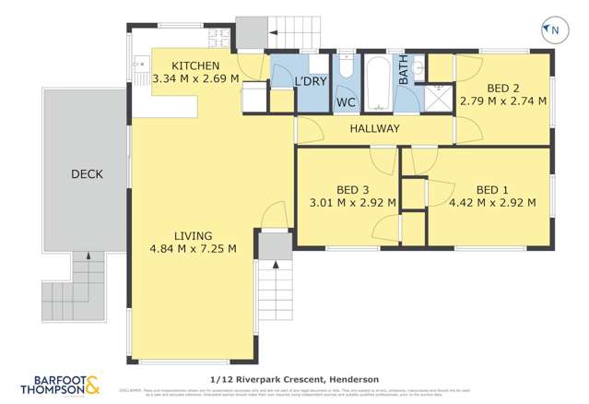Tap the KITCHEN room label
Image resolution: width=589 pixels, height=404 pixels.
(194, 65)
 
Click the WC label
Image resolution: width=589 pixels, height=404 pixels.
(347, 101)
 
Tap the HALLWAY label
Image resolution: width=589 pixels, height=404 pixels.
(374, 128)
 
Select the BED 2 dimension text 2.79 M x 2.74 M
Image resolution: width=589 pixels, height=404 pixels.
(503, 101)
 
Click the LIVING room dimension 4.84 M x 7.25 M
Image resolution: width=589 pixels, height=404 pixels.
(193, 248)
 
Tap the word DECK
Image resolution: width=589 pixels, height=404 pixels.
(87, 173)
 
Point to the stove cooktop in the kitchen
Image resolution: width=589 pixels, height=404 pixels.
(218, 38)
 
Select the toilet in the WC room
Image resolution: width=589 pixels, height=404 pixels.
(346, 68)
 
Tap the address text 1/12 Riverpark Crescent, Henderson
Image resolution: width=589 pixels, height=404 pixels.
(292, 378)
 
